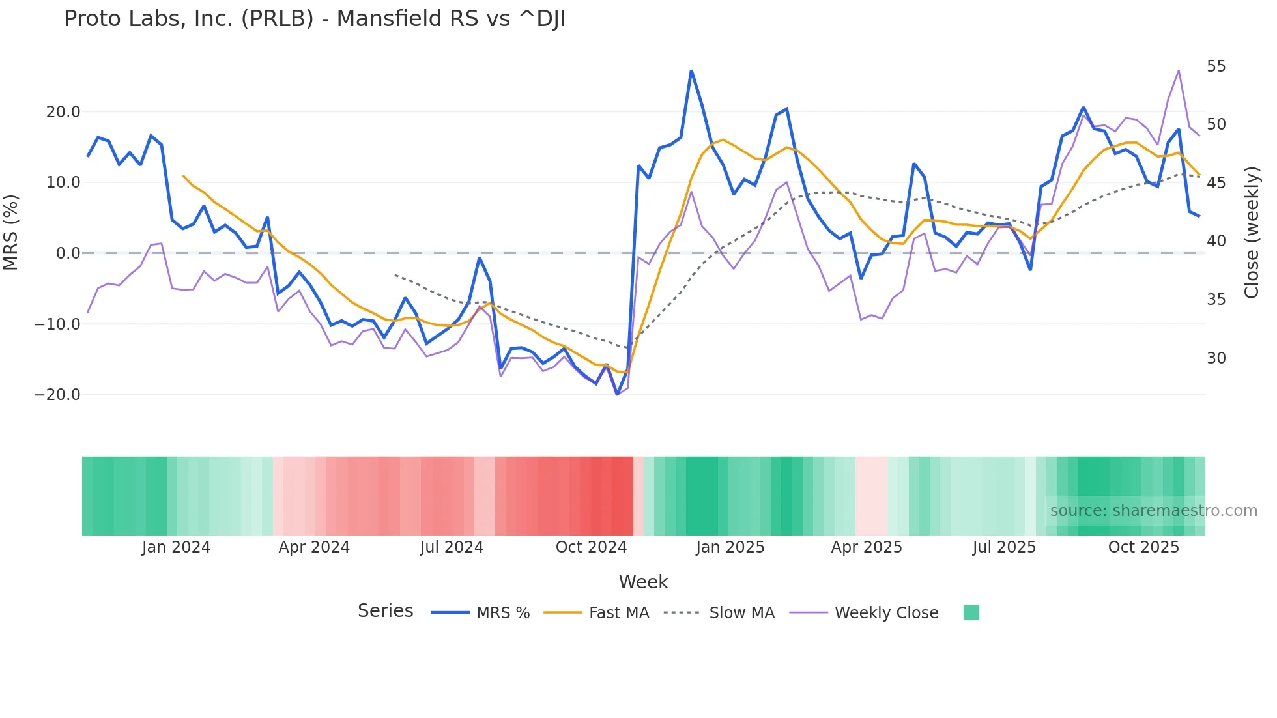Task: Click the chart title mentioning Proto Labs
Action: coord(315,19)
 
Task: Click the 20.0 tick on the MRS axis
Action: coord(63,112)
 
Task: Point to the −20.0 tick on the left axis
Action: coord(57,395)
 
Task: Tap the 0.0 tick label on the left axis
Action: coord(68,253)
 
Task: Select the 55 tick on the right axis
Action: coord(1216,66)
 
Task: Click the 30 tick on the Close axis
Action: coord(1216,358)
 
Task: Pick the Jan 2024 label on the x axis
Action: coord(176,547)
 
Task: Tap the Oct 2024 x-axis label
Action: coord(591,547)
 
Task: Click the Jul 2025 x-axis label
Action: coord(1004,547)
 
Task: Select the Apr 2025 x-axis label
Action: coord(867,547)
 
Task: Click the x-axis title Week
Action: coord(643,582)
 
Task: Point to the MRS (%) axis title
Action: coord(11,233)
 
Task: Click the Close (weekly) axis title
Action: coord(1251,233)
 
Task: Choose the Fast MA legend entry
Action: coord(618,613)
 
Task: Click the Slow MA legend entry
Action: coord(741,613)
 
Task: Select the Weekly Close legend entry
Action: coord(886,613)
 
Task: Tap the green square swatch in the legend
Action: coord(971,612)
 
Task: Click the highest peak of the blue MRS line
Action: coord(691,70)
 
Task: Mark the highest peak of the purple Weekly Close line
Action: coord(1179,70)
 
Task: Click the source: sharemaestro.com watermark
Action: coord(1153,511)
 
